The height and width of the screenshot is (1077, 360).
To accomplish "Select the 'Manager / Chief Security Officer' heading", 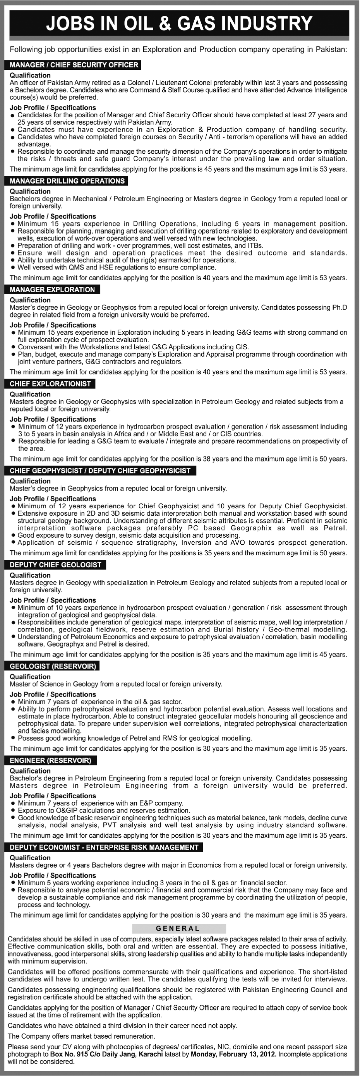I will pyautogui.click(x=74, y=65).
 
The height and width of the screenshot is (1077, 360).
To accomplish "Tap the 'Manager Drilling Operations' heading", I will pyautogui.click(x=67, y=181).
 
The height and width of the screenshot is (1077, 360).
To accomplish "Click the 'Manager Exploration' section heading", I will pyautogui.click(x=52, y=290).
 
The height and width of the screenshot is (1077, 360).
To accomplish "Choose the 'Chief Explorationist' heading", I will pyautogui.click(x=50, y=384).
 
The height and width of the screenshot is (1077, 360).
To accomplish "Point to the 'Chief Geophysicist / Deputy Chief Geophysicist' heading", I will pyautogui.click(x=100, y=471).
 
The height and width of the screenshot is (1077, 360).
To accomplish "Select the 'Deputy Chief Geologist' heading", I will pyautogui.click(x=56, y=565).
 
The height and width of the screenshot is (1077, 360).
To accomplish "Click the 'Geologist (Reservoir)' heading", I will pyautogui.click(x=53, y=666).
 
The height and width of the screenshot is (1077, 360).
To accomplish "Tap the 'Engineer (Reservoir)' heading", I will pyautogui.click(x=51, y=760).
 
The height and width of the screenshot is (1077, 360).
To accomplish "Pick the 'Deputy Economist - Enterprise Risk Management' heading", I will pyautogui.click(x=104, y=847).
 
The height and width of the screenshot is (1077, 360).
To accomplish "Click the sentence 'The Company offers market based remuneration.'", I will pyautogui.click(x=82, y=1036).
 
